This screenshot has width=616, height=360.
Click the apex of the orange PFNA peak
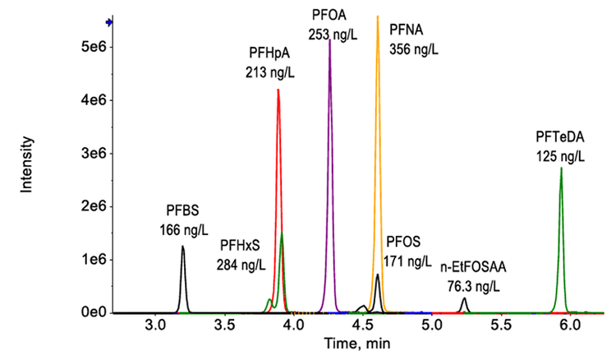(378, 16)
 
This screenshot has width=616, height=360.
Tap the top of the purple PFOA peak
(329, 40)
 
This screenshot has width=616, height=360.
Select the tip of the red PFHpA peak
(278, 90)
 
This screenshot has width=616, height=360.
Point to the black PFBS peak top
(182, 247)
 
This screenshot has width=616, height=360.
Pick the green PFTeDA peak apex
(561, 168)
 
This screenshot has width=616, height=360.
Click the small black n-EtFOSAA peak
(464, 299)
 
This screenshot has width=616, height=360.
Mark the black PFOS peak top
(377, 275)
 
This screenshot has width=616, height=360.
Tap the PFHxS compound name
(243, 245)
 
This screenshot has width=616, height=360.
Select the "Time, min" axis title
(341, 344)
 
